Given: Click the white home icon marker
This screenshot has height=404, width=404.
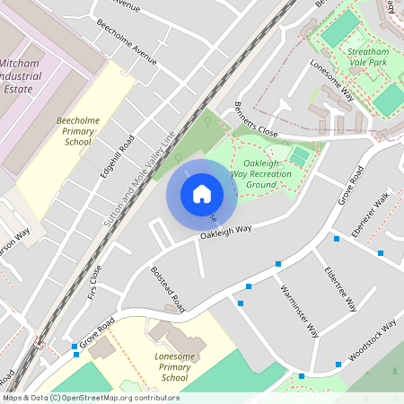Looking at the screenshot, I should [x=202, y=194].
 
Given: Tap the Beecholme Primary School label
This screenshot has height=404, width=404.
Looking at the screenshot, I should [x=74, y=130].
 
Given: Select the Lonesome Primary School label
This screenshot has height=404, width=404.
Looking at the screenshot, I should [x=168, y=367].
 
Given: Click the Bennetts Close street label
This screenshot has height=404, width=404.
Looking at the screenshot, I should [x=256, y=119].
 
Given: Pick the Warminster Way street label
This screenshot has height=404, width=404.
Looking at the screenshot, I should [x=299, y=311].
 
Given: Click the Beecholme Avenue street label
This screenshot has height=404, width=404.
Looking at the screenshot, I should [x=126, y=55].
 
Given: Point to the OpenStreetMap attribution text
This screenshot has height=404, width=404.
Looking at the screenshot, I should [x=90, y=398].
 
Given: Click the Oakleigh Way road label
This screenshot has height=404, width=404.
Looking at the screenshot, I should [x=225, y=233].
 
